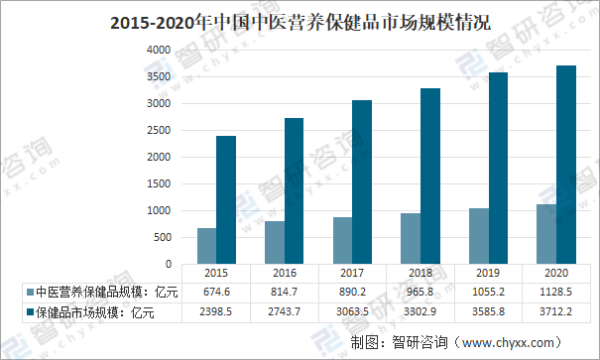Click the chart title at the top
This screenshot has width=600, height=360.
(x=300, y=21)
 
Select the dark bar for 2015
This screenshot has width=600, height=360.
(x=226, y=199)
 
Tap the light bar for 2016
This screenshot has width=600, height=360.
(x=275, y=242)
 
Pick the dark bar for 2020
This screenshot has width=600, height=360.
(x=567, y=164)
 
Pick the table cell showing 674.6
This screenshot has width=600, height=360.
(x=215, y=293)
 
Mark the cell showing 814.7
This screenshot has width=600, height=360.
(x=284, y=293)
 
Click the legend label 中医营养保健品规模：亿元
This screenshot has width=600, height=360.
(x=99, y=293)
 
